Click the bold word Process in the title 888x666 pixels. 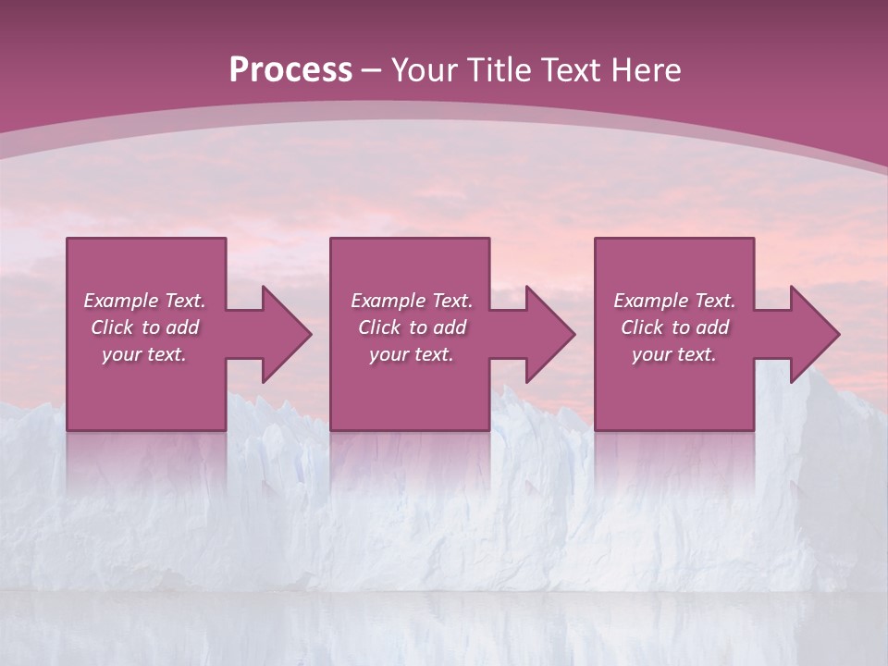click(x=290, y=70)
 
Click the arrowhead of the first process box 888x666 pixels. click(x=286, y=334)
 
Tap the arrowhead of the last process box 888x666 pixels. click(x=814, y=334)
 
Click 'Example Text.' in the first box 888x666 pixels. click(x=144, y=301)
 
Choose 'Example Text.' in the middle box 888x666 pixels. click(x=412, y=301)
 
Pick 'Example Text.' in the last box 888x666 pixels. click(x=674, y=301)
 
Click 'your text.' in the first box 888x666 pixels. click(x=144, y=354)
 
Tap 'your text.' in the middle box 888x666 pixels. click(x=412, y=354)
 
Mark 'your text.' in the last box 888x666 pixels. click(x=674, y=354)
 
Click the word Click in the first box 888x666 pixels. click(x=112, y=327)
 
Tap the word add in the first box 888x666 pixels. click(x=182, y=327)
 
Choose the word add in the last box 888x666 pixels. click(x=712, y=327)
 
